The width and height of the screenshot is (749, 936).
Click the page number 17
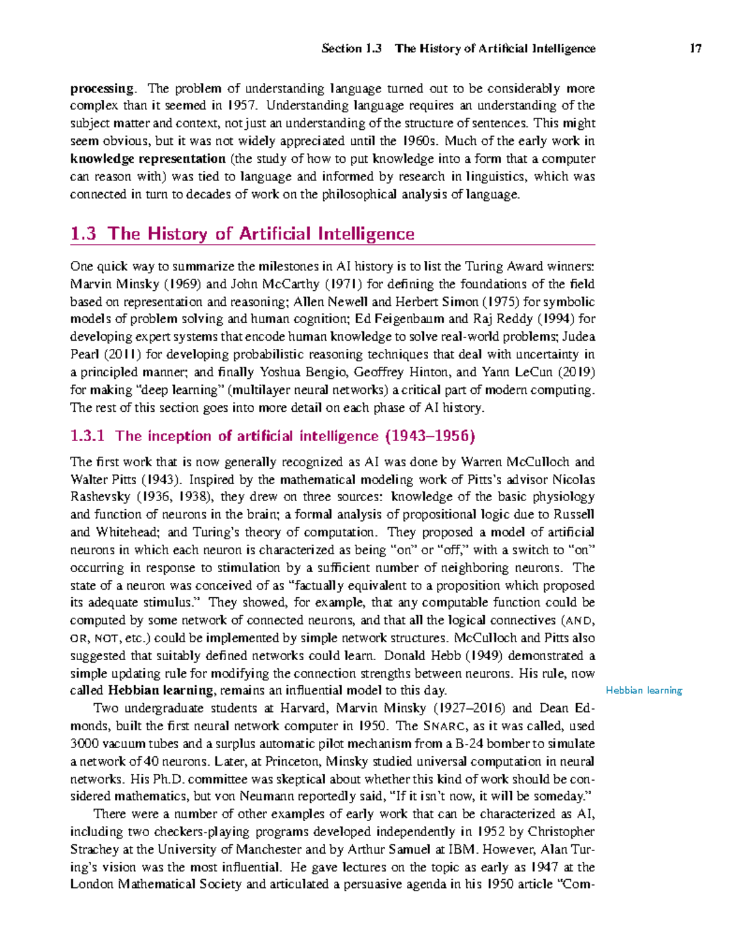696,49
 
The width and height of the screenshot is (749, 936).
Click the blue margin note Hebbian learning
644,690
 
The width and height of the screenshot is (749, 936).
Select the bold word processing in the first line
102,89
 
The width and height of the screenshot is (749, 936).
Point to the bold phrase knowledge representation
148,158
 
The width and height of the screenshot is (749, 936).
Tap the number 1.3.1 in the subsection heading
87,436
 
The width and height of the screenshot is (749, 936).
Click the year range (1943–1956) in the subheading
430,436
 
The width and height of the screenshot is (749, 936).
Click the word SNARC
444,726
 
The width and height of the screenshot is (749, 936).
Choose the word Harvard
304,708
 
